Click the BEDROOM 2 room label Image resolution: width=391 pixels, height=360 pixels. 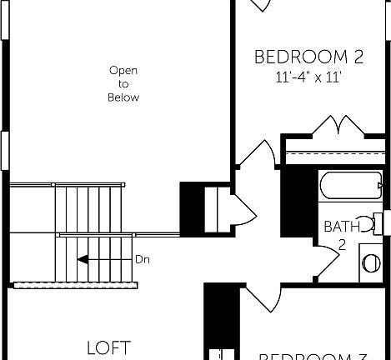[x=308, y=57]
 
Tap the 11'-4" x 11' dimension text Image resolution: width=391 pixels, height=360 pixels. [x=308, y=77]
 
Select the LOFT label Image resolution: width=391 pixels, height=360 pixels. [x=109, y=347]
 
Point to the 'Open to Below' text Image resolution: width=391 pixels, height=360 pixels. [x=123, y=84]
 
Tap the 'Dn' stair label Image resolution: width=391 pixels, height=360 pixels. [x=143, y=259]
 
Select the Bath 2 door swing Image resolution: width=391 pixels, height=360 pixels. [x=326, y=258]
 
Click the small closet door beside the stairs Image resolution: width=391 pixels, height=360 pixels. [x=241, y=208]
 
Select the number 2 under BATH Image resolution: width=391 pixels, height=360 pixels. [x=342, y=245]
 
